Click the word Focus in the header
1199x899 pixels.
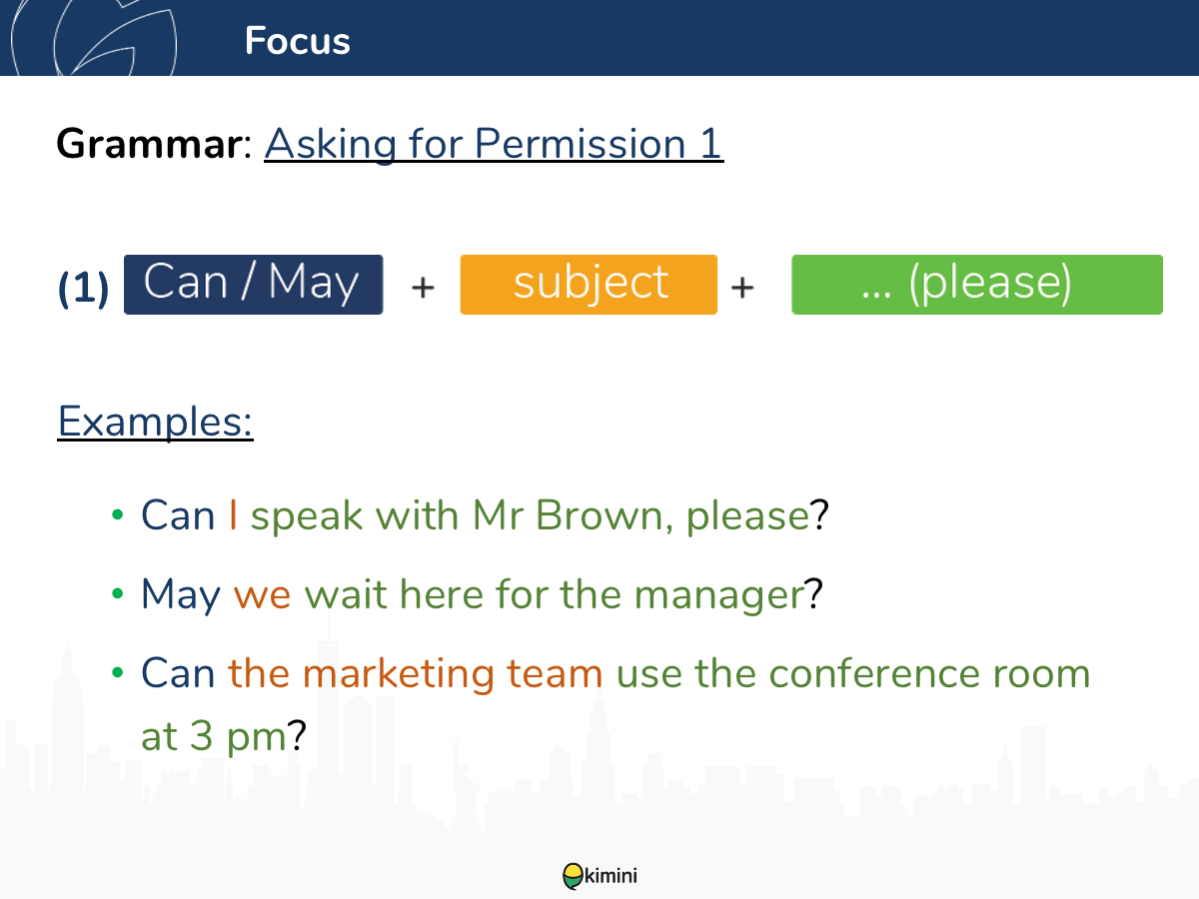pos(297,40)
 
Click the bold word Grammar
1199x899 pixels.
pos(149,144)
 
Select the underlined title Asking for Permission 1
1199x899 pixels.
pos(494,144)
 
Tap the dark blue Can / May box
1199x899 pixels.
pos(254,285)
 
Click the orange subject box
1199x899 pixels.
pos(589,285)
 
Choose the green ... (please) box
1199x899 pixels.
pos(976,285)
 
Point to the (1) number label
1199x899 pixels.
pos(83,288)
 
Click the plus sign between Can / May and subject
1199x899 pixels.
pos(423,287)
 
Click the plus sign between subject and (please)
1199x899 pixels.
pos(742,287)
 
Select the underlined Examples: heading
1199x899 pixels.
pos(155,422)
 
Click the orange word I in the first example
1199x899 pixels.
pos(233,514)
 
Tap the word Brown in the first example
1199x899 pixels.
pos(604,515)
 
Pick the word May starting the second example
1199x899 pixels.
pos(181,595)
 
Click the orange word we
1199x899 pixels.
pos(262,596)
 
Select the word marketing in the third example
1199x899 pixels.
pos(399,674)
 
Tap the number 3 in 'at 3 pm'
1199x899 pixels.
pos(202,735)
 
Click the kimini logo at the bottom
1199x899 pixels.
pos(599,876)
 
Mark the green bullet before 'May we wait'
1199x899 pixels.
pos(118,593)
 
